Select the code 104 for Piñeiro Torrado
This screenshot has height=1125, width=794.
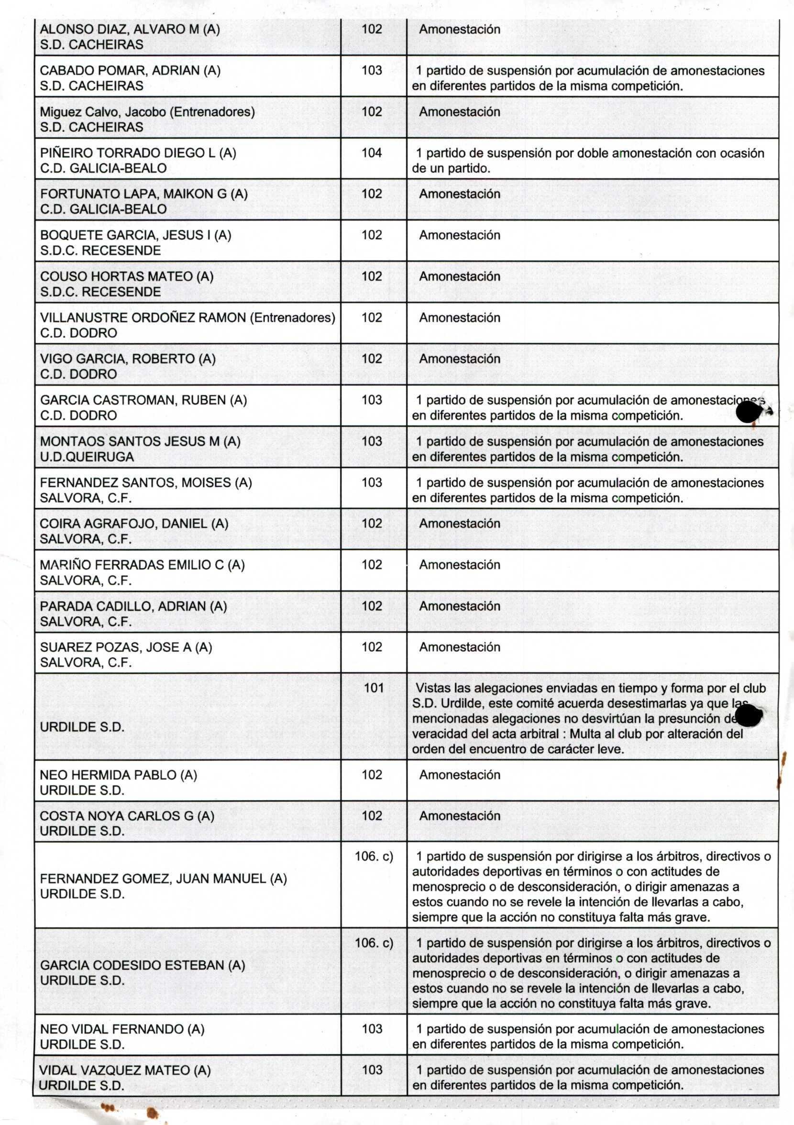(372, 153)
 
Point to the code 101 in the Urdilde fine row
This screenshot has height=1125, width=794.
(374, 688)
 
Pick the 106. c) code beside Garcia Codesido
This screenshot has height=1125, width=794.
(374, 943)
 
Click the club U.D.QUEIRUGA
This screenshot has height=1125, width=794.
(87, 457)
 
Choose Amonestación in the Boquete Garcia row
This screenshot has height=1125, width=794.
(459, 235)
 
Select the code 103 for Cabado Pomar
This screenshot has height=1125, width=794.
(372, 71)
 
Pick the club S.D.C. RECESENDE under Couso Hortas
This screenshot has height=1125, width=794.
(100, 292)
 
